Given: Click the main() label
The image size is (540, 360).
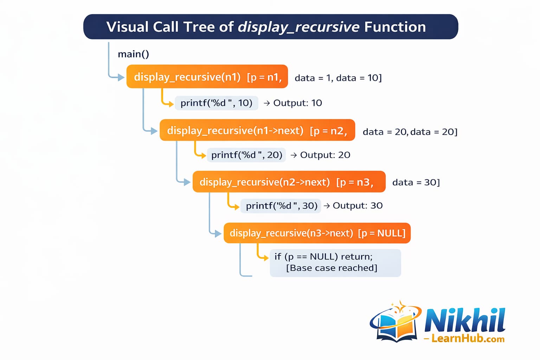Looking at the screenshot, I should (133, 54).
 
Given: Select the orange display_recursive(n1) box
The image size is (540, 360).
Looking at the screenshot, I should (207, 77).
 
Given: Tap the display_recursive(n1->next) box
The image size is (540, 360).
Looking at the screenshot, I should (257, 130).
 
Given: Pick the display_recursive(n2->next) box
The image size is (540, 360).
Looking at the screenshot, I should (289, 182).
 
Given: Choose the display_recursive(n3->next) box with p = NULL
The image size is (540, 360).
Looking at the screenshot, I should (317, 233).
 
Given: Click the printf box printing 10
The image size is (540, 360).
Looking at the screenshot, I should (216, 103).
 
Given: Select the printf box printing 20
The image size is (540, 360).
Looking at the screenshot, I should (246, 155).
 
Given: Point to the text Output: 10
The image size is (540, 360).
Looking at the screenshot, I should (297, 103).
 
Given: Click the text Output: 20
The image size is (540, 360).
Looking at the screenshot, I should (324, 155).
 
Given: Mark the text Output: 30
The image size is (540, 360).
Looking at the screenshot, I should (357, 206).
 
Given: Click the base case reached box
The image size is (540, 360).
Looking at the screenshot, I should (335, 263).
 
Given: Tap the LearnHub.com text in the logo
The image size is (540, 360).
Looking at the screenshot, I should (468, 339).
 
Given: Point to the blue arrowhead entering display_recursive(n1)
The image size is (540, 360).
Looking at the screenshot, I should (121, 77).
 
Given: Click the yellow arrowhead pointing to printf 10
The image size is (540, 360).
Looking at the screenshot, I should (171, 104).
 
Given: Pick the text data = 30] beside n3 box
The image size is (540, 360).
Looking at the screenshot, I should (416, 182).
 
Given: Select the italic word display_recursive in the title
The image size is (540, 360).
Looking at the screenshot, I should (298, 27).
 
